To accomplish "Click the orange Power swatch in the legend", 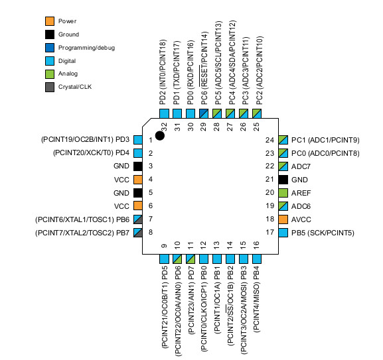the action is [x=50, y=21].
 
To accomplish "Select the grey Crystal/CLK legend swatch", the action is [x=50, y=87].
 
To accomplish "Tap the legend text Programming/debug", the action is [x=86, y=48].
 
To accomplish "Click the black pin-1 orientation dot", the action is [x=160, y=136].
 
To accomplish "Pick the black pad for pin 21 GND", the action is [x=283, y=180].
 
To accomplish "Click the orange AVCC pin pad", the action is [x=283, y=219].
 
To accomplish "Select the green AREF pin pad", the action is [x=283, y=193].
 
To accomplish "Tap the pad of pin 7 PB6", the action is [x=138, y=219].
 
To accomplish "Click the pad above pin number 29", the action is [x=204, y=113].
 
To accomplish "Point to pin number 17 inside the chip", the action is [x=269, y=232].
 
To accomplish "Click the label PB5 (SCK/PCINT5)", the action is [x=323, y=233].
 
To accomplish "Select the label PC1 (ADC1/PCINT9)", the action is [x=325, y=141].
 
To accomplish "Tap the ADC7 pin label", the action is [x=301, y=166].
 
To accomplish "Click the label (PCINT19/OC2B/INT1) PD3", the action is [x=85, y=139].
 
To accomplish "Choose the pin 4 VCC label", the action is [x=121, y=180].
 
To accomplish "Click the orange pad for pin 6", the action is [x=138, y=206].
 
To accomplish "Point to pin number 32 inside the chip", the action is [x=164, y=127].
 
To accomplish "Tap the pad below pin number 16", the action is [x=257, y=259].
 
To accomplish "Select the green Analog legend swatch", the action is [x=50, y=74].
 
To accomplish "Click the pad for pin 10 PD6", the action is [x=177, y=259].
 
